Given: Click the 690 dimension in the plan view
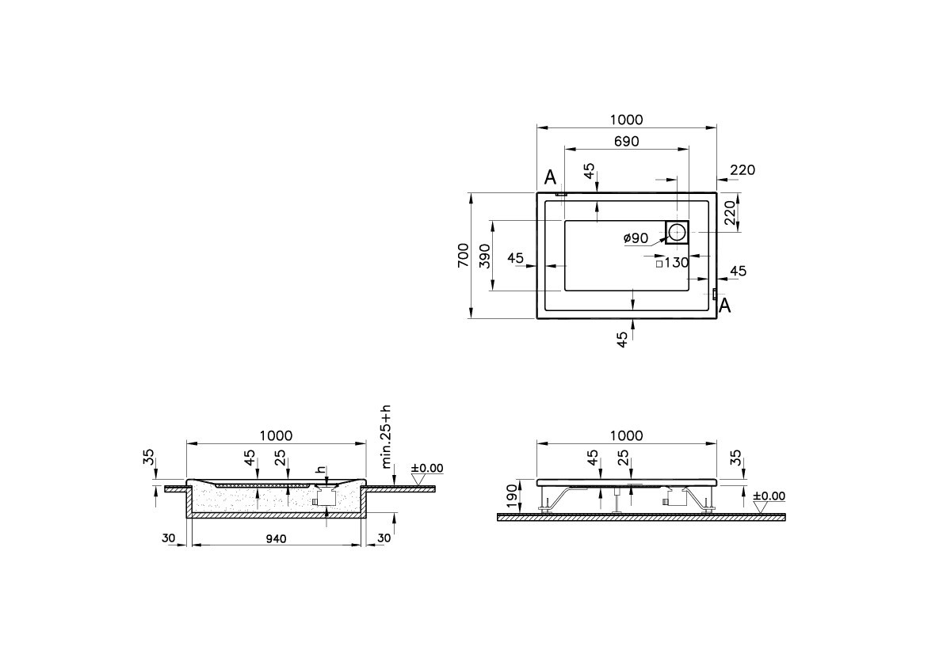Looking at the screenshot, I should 626,141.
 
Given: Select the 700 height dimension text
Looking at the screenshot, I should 463,256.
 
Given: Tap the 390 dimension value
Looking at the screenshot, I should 484,256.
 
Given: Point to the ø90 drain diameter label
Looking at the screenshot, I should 636,238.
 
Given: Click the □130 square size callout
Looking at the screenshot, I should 673,264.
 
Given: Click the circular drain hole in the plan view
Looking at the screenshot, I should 678,233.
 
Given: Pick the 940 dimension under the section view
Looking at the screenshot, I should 275,538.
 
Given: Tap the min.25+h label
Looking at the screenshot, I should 386,437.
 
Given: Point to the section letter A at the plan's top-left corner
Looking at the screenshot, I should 550,177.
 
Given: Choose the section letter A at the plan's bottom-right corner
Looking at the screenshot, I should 723,306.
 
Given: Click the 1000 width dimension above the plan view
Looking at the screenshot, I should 626,120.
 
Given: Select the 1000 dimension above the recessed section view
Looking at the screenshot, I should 276,435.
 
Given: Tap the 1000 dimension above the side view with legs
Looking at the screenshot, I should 626,435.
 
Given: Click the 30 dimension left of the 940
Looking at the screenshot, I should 169,538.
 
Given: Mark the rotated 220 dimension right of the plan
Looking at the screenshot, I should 731,212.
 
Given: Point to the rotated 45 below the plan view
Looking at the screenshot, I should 623,338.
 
